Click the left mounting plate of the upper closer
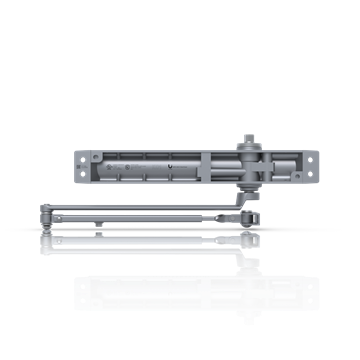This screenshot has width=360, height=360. tap(83, 165)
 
